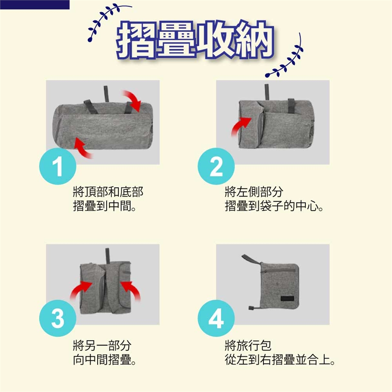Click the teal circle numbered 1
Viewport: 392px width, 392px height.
coord(58,166)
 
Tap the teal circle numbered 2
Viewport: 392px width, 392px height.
coord(216,166)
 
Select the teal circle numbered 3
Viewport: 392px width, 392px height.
coord(58,318)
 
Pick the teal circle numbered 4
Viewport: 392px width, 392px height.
coord(216,318)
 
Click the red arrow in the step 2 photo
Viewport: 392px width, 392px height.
coord(240,126)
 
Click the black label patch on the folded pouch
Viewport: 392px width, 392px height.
coord(287,298)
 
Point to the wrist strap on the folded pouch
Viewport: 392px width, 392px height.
coord(251,260)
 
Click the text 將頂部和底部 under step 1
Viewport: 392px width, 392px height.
coord(108,192)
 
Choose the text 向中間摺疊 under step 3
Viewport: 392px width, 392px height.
coord(102,360)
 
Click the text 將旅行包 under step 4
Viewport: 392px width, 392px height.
coord(248,345)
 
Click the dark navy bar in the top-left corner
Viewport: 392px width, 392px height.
coord(35,4)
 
